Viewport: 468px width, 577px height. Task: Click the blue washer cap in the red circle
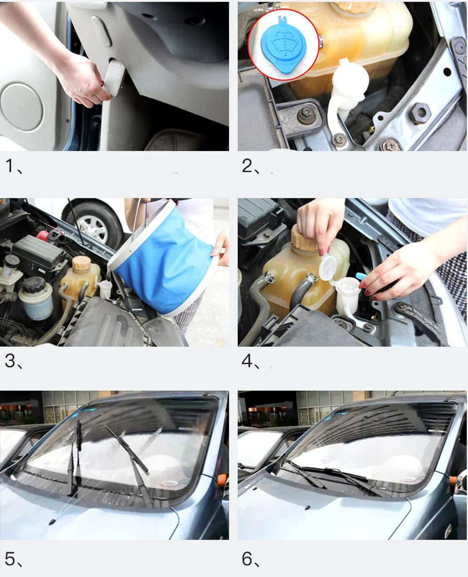tap(283, 46)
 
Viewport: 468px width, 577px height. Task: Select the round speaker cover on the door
tap(22, 107)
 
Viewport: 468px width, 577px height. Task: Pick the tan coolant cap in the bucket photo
tap(81, 263)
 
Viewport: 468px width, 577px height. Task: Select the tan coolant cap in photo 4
tap(305, 238)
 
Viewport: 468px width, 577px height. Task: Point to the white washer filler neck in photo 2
tap(345, 95)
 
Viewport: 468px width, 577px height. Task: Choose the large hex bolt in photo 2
tap(420, 113)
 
